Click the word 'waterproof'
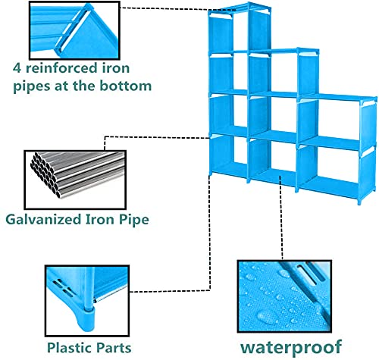[291, 348]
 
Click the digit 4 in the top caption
[17, 68]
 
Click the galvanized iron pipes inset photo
[75, 180]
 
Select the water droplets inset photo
[284, 296]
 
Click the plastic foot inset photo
[87, 301]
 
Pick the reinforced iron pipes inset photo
[74, 30]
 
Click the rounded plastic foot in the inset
[85, 320]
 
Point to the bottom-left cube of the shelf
[230, 157]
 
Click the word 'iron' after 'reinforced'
[115, 67]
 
